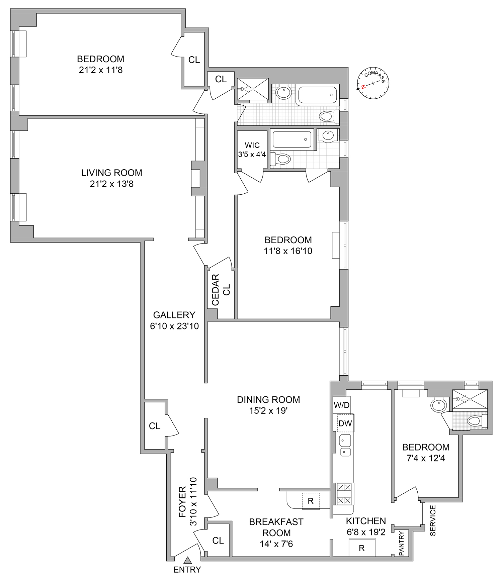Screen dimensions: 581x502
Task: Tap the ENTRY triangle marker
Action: [x=187, y=560]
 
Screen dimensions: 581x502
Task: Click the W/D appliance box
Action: [x=341, y=405]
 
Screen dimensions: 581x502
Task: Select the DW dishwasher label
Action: [x=345, y=423]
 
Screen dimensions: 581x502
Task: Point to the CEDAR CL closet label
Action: [x=221, y=290]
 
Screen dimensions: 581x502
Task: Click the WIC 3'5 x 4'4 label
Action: [x=252, y=150]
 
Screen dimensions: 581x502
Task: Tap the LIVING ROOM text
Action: [x=111, y=173]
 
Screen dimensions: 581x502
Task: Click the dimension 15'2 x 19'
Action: [x=268, y=410]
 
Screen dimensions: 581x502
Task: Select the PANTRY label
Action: [x=401, y=544]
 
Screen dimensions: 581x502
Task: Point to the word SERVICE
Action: [x=433, y=520]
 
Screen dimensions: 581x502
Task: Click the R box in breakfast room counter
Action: [x=311, y=501]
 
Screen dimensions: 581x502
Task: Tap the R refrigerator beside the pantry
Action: [x=361, y=548]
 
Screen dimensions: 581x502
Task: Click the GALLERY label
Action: [x=174, y=315]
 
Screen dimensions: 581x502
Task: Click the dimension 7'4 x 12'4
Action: [x=426, y=458]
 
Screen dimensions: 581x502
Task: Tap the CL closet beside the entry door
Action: [x=218, y=541]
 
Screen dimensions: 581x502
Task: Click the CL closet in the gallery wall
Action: [x=155, y=426]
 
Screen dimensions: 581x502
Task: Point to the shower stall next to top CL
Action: [x=253, y=89]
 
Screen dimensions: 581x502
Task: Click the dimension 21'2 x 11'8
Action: [x=101, y=70]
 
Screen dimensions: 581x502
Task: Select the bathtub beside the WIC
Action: [x=292, y=139]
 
